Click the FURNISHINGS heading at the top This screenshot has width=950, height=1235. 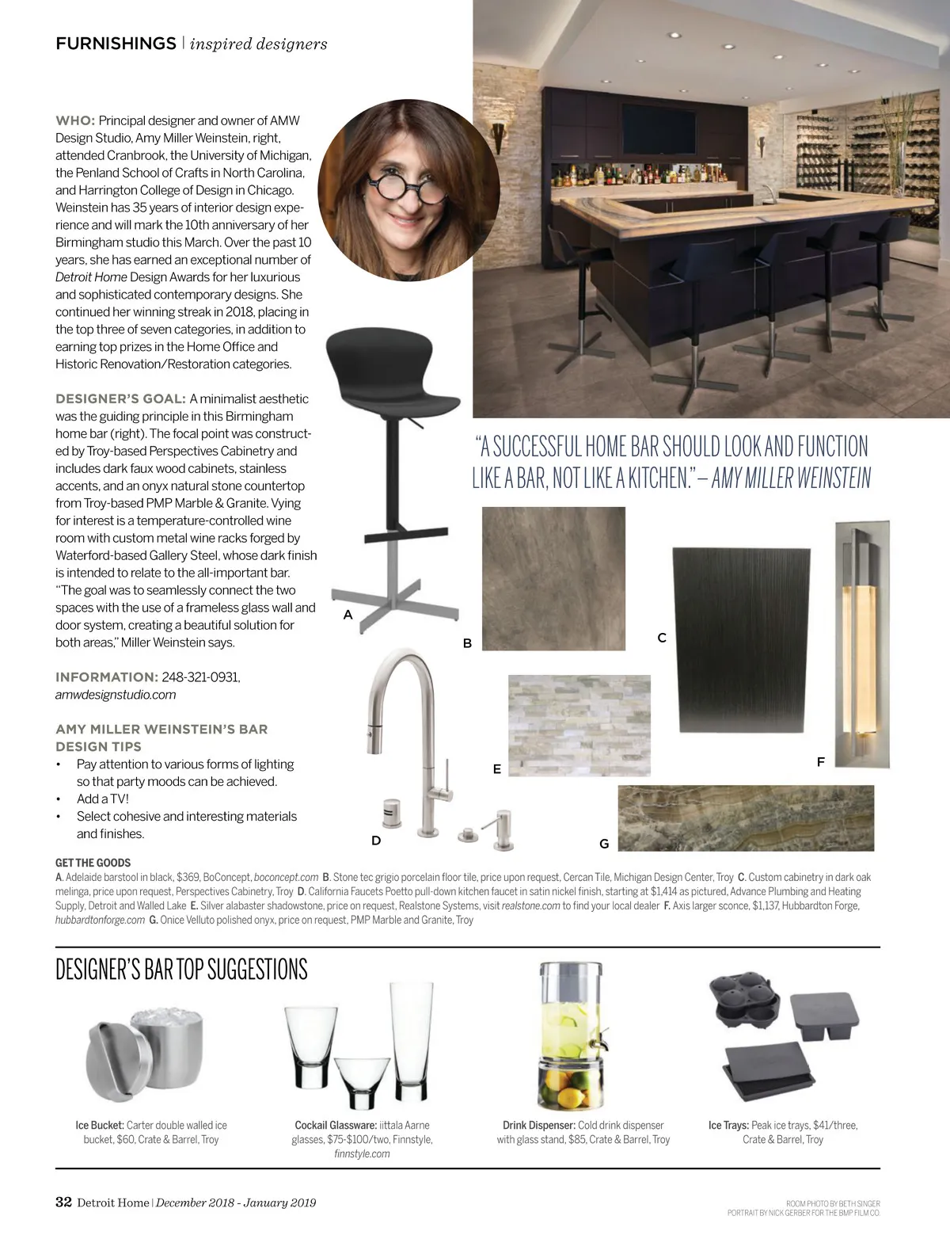pyautogui.click(x=116, y=44)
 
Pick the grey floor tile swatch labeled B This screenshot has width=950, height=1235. pyautogui.click(x=553, y=578)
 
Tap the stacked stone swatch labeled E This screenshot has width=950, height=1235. pyautogui.click(x=579, y=725)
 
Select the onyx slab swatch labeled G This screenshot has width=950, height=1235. pyautogui.click(x=746, y=818)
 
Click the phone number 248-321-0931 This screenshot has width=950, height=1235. pyautogui.click(x=200, y=677)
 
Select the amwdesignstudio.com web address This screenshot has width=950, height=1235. pyautogui.click(x=116, y=695)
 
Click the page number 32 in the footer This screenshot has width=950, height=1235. pyautogui.click(x=63, y=1202)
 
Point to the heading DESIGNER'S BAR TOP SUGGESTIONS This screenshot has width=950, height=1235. pyautogui.click(x=181, y=970)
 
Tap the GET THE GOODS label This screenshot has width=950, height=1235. pyautogui.click(x=93, y=863)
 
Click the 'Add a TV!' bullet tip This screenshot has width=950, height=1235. pyautogui.click(x=102, y=799)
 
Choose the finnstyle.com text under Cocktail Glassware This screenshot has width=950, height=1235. pyautogui.click(x=362, y=1153)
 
